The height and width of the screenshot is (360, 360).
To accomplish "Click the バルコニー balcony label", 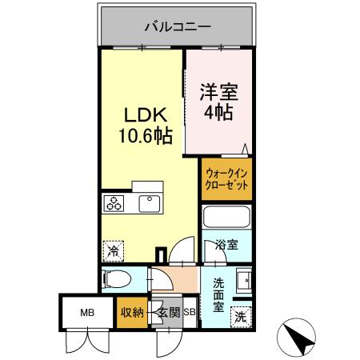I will pyautogui.click(x=178, y=26).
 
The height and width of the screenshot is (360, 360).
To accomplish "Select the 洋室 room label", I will pyautogui.click(x=217, y=90).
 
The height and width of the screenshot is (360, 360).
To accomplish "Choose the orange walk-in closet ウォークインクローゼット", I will pyautogui.click(x=226, y=178).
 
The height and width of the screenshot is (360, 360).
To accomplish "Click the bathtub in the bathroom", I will pyautogui.click(x=226, y=218).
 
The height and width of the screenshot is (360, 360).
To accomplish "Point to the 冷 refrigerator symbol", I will pyautogui.click(x=113, y=250).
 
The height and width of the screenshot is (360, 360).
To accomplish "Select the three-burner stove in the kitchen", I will pyautogui.click(x=114, y=206).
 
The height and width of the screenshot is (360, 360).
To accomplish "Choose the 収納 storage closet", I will pyautogui.click(x=132, y=312).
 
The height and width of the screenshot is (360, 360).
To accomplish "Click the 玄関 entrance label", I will pyautogui.click(x=167, y=312).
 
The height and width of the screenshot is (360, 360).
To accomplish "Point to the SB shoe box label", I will pyautogui.click(x=190, y=312).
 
